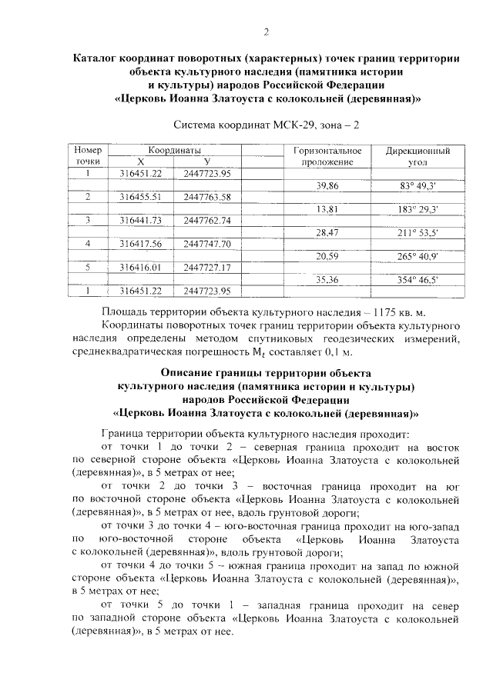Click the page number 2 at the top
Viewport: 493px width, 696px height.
266,32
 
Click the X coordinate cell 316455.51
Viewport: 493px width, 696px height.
141,197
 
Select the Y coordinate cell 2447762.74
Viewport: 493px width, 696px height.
208,221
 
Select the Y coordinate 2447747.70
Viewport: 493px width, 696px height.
208,244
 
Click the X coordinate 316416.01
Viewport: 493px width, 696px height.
141,267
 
